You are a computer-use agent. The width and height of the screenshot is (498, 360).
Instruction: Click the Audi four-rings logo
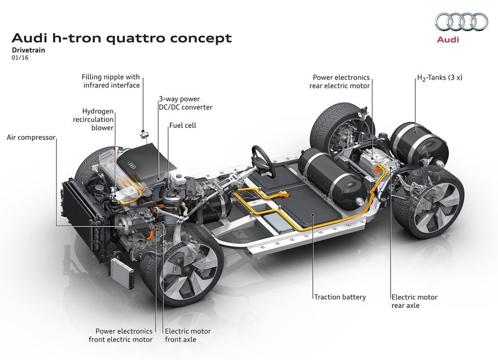tap(461, 21)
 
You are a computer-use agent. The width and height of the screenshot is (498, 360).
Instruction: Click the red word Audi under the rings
tap(448, 39)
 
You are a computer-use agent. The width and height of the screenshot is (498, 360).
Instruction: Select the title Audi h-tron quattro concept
tap(122, 38)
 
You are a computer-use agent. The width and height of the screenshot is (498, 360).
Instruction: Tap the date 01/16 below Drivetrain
tap(20, 58)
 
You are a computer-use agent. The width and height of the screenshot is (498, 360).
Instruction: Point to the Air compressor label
tap(31, 138)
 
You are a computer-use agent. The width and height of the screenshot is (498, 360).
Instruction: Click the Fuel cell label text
tap(183, 126)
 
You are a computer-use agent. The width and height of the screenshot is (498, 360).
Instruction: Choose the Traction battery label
tap(340, 297)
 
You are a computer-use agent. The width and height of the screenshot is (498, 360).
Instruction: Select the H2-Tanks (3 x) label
tap(440, 78)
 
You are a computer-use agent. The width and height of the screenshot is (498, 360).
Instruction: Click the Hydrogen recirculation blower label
tap(93, 120)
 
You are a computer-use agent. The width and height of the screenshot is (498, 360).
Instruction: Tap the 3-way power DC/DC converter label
tap(186, 103)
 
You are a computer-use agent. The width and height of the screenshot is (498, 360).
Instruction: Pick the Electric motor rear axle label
tap(414, 301)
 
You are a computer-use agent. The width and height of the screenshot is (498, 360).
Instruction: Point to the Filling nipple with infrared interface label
tap(111, 81)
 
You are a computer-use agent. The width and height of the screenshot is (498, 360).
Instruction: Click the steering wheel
tap(263, 161)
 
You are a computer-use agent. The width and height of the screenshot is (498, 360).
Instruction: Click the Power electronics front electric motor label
tap(121, 336)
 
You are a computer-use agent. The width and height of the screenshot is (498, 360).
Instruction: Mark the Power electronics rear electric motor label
tap(340, 82)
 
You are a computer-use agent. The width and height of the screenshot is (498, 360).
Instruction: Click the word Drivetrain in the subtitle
tap(29, 50)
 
